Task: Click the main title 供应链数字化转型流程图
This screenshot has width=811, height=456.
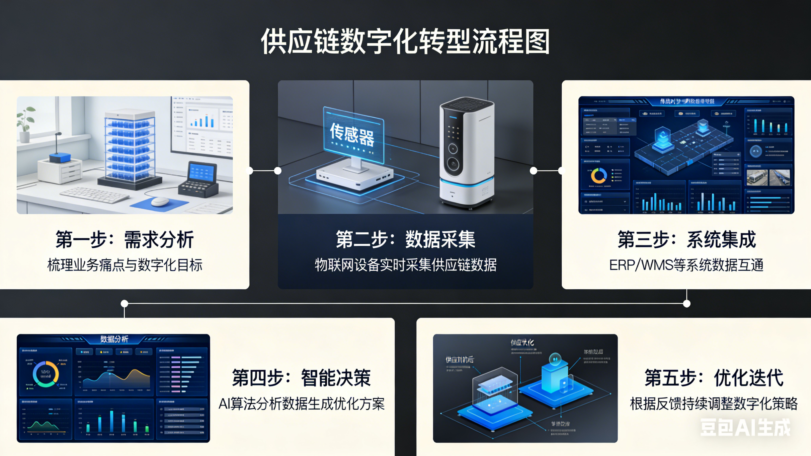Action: click(x=405, y=42)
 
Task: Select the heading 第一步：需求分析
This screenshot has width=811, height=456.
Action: click(x=125, y=240)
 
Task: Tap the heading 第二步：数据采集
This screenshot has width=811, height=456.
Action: click(x=405, y=240)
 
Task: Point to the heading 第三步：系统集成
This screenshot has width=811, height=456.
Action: click(x=686, y=240)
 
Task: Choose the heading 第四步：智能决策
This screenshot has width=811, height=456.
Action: click(x=301, y=378)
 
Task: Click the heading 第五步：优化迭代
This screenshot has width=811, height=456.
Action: click(x=714, y=378)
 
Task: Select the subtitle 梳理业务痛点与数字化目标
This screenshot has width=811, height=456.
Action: click(x=125, y=265)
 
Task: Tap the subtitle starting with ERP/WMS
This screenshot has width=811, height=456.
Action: click(x=686, y=265)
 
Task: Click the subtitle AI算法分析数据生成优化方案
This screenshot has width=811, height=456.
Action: click(x=301, y=404)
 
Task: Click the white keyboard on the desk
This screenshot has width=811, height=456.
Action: click(x=94, y=195)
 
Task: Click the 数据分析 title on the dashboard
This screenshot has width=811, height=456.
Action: click(x=114, y=339)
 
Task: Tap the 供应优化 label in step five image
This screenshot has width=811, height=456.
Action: click(x=522, y=343)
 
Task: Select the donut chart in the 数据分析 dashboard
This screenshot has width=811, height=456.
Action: click(x=46, y=374)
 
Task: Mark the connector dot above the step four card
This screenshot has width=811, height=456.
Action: click(x=124, y=304)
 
